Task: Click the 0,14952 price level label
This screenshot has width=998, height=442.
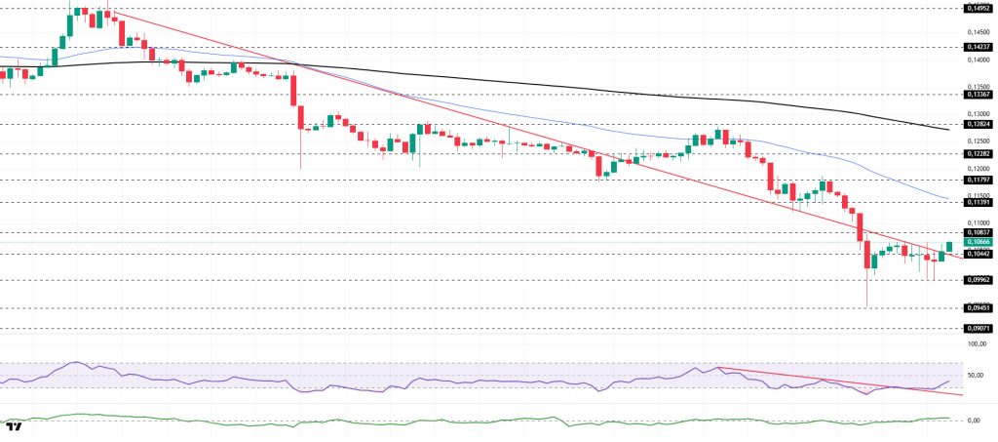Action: coord(978,8)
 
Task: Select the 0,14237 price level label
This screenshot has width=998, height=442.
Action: coord(978,46)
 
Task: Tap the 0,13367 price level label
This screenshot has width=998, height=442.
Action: coord(978,95)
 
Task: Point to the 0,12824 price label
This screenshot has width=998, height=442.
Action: coord(978,125)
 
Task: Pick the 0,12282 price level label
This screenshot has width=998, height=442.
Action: coord(978,154)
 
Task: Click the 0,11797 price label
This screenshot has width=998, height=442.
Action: coord(978,180)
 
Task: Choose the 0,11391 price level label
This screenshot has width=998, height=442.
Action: coord(978,202)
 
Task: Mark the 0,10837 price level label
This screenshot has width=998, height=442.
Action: coord(978,232)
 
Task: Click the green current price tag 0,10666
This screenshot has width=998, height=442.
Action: coord(978,242)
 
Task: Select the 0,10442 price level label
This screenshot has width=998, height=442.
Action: coord(978,254)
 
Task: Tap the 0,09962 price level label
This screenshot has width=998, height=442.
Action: coord(978,280)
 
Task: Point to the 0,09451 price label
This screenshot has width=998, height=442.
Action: coord(978,307)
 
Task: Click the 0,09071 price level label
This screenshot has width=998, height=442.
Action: coord(978,329)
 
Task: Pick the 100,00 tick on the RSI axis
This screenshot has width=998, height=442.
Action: coord(976,343)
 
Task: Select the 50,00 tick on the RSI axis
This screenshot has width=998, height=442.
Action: coord(976,374)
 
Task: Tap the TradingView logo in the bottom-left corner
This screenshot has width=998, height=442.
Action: coord(14,427)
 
